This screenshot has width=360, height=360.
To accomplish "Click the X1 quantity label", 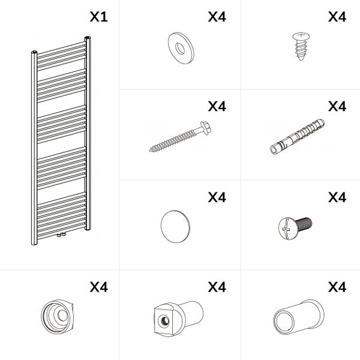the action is pyautogui.click(x=99, y=17).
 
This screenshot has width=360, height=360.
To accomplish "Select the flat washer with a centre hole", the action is pyautogui.click(x=181, y=48).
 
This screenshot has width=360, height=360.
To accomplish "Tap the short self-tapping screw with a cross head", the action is pyautogui.click(x=301, y=46).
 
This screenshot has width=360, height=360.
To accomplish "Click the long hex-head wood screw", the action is pyautogui.click(x=180, y=137).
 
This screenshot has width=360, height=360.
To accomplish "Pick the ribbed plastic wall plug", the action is pyautogui.click(x=298, y=137).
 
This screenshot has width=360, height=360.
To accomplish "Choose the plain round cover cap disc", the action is pyautogui.click(x=175, y=226).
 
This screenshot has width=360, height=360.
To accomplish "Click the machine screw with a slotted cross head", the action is pyautogui.click(x=295, y=228).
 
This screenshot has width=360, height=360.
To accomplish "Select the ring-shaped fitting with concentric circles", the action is pyautogui.click(x=57, y=317).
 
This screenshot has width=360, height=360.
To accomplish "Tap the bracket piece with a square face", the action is pyautogui.click(x=179, y=318).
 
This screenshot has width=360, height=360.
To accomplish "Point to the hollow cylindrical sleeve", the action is pyautogui.click(x=299, y=317).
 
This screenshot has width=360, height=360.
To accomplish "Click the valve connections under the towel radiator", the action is pyautogui.click(x=61, y=235).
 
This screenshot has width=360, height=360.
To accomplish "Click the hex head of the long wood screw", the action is pyautogui.click(x=206, y=128).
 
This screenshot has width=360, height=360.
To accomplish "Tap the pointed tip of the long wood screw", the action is pyautogui.click(x=150, y=151).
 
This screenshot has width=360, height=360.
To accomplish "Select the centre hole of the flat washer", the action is pyautogui.click(x=180, y=49).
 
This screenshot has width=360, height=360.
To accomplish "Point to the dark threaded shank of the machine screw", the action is pyautogui.click(x=304, y=223).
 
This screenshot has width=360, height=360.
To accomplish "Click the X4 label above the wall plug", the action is pyautogui.click(x=337, y=106).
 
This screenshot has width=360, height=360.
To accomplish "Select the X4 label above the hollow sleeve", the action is pyautogui.click(x=337, y=287).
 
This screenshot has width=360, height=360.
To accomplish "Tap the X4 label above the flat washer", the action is pyautogui.click(x=217, y=17).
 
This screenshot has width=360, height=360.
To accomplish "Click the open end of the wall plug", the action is pyautogui.click(x=274, y=151).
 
